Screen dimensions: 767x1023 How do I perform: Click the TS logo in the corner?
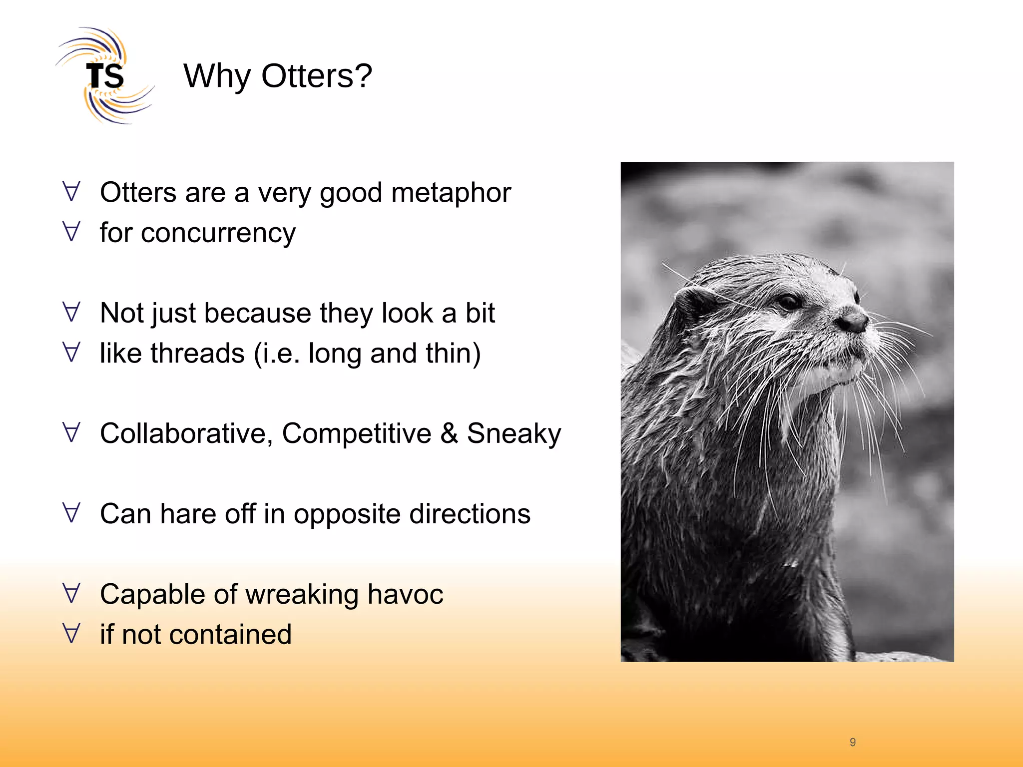point(105,76)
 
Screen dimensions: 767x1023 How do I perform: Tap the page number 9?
point(853,742)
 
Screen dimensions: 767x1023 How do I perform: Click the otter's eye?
point(790,302)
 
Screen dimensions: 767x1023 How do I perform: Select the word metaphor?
point(451,193)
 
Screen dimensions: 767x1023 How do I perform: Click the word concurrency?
point(218,234)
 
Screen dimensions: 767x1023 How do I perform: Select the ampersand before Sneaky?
point(449,433)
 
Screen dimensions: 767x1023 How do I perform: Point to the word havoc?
point(405,594)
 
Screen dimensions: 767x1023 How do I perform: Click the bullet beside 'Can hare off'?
point(72,513)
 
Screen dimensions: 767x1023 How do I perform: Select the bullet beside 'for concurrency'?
point(72,232)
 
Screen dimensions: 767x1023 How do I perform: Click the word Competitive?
point(356,433)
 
